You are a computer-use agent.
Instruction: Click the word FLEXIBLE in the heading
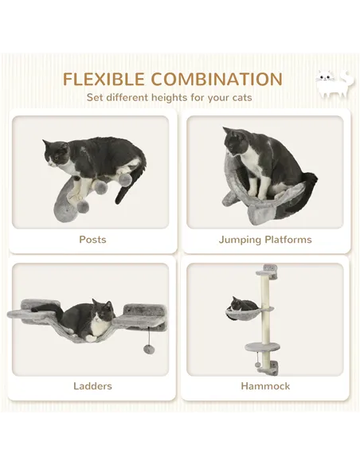point(104,80)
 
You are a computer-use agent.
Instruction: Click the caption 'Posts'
point(92,240)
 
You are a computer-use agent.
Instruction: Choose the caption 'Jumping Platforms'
point(265,240)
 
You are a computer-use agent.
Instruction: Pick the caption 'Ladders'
point(92,386)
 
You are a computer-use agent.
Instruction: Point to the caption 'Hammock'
point(265,386)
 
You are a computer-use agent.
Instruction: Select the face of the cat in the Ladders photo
point(100,313)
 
